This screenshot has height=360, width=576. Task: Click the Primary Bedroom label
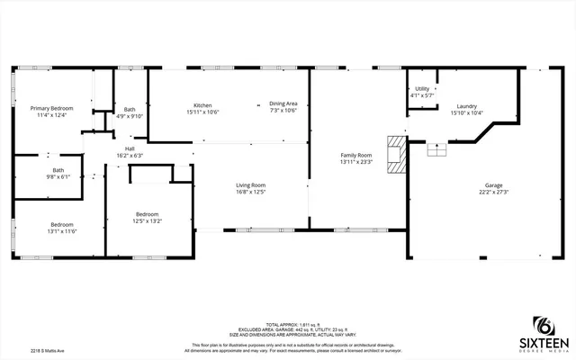(x=51, y=108)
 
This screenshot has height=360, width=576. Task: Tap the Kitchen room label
(x=202, y=104)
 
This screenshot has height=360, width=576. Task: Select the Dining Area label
(x=283, y=104)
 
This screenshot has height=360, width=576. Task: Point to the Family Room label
(x=356, y=156)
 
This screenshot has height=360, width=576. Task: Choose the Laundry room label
(x=466, y=105)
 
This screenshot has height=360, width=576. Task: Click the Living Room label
(x=251, y=184)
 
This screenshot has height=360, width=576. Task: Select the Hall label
(x=130, y=148)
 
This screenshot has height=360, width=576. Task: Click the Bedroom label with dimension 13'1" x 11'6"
(x=61, y=224)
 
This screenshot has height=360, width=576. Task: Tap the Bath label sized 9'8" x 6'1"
(x=58, y=170)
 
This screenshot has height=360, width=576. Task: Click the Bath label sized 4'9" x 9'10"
(x=130, y=109)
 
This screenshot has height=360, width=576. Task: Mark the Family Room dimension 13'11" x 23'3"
(x=356, y=162)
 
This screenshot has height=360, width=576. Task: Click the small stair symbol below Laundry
(x=436, y=149)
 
